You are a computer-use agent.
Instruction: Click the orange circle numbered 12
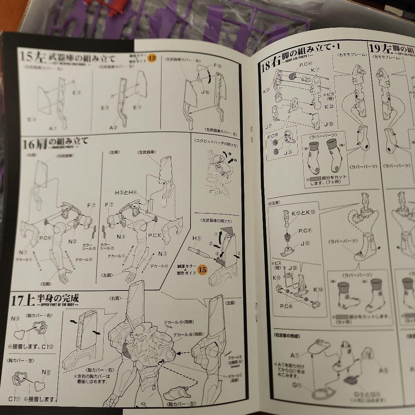click(x=153, y=58)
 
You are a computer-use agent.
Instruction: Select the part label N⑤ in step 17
click(x=15, y=319)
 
